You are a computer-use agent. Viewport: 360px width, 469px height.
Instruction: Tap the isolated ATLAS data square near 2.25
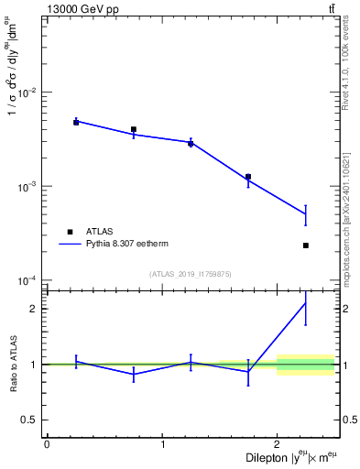tap(306, 245)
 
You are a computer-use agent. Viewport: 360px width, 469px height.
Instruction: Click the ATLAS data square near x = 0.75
tap(134, 130)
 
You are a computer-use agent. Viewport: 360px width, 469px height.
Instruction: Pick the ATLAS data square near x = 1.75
tap(248, 177)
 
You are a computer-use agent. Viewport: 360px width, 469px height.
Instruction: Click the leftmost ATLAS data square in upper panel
tap(76, 122)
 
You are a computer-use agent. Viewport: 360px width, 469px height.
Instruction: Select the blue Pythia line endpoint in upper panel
tap(306, 214)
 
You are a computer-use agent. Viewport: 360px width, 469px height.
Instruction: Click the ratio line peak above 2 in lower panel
tap(306, 303)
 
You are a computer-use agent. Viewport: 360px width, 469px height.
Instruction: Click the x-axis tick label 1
tap(162, 445)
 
